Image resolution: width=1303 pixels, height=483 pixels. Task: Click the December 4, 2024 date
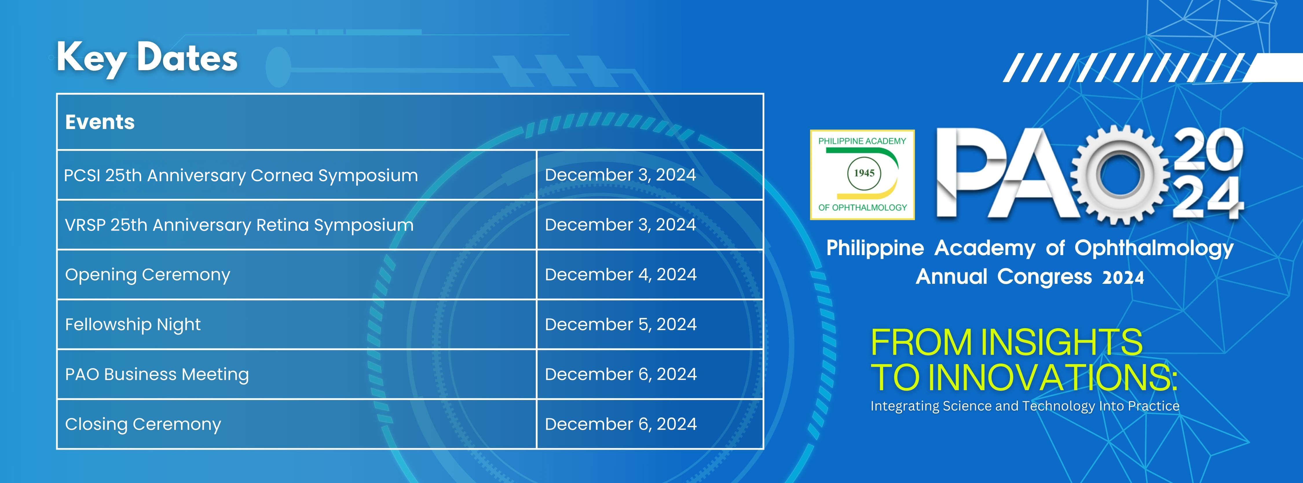pyautogui.click(x=621, y=275)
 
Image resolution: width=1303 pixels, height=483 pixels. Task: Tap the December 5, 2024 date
pyautogui.click(x=621, y=324)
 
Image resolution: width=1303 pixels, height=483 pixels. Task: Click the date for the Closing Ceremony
pyautogui.click(x=621, y=424)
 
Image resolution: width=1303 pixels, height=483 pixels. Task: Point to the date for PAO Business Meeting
pyautogui.click(x=621, y=374)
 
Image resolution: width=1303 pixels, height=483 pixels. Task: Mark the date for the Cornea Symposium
pyautogui.click(x=620, y=175)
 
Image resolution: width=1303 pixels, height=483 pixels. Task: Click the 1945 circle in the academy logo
pyautogui.click(x=864, y=173)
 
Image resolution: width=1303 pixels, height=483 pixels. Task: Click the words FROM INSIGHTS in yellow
pyautogui.click(x=1006, y=342)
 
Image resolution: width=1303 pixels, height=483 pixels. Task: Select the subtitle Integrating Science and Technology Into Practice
pyautogui.click(x=1025, y=406)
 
